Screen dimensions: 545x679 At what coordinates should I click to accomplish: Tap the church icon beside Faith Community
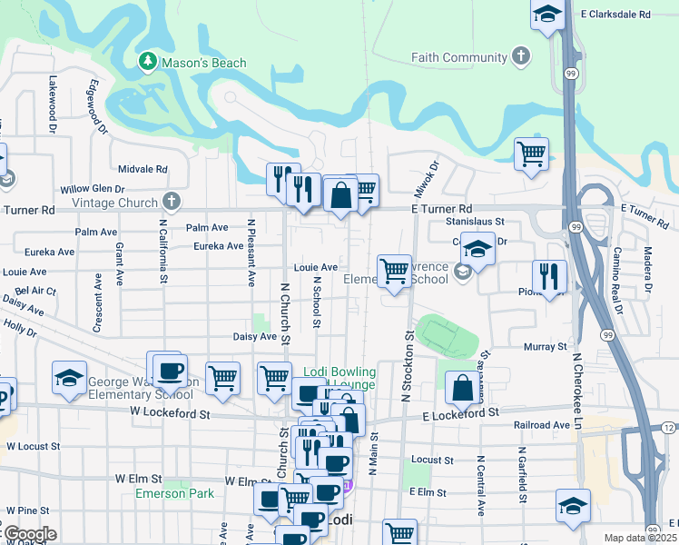(521, 57)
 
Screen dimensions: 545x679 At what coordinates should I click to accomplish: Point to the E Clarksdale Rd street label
(617, 15)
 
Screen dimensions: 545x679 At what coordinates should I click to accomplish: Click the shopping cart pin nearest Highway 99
(531, 153)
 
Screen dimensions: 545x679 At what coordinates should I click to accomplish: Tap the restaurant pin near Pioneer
(548, 276)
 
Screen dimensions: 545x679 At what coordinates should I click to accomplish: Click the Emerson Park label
(174, 493)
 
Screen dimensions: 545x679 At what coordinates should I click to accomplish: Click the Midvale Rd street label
(143, 169)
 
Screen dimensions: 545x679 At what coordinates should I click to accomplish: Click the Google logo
(29, 534)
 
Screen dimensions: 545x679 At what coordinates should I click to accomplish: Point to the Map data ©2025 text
(640, 538)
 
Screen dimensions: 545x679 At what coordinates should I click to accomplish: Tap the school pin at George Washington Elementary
(69, 379)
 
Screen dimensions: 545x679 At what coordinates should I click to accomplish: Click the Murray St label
(545, 346)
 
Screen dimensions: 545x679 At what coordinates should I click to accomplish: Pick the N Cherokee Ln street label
(575, 391)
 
